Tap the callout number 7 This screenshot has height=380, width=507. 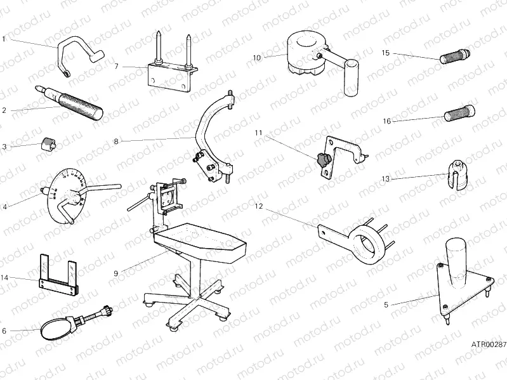[117, 66]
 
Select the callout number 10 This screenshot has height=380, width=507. [256, 57]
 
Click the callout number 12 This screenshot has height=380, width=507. [258, 206]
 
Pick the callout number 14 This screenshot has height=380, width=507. [5, 278]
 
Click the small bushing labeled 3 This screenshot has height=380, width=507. [47, 143]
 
